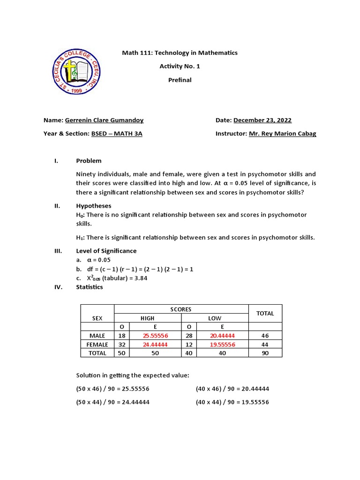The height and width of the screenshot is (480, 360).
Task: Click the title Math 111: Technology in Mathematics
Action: tap(180, 53)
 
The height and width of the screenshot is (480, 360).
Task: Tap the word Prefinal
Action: tap(180, 80)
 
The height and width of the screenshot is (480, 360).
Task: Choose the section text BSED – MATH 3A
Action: tap(116, 134)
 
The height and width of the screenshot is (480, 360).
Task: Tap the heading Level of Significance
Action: tap(106, 251)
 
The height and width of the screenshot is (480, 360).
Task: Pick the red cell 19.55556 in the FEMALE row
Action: tap(222, 344)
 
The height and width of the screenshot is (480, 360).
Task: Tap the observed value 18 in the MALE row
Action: tap(121, 336)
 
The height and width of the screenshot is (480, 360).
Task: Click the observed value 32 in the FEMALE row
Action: tap(121, 344)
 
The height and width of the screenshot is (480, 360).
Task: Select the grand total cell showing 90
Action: tap(265, 353)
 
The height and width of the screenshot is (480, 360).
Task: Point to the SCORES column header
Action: tap(181, 309)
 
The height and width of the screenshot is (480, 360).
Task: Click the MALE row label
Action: tap(97, 336)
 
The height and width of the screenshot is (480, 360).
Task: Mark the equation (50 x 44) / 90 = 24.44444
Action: tap(112, 402)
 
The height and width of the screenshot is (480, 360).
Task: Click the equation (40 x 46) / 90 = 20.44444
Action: tap(232, 389)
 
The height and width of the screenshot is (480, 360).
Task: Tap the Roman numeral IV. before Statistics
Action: tap(58, 287)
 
